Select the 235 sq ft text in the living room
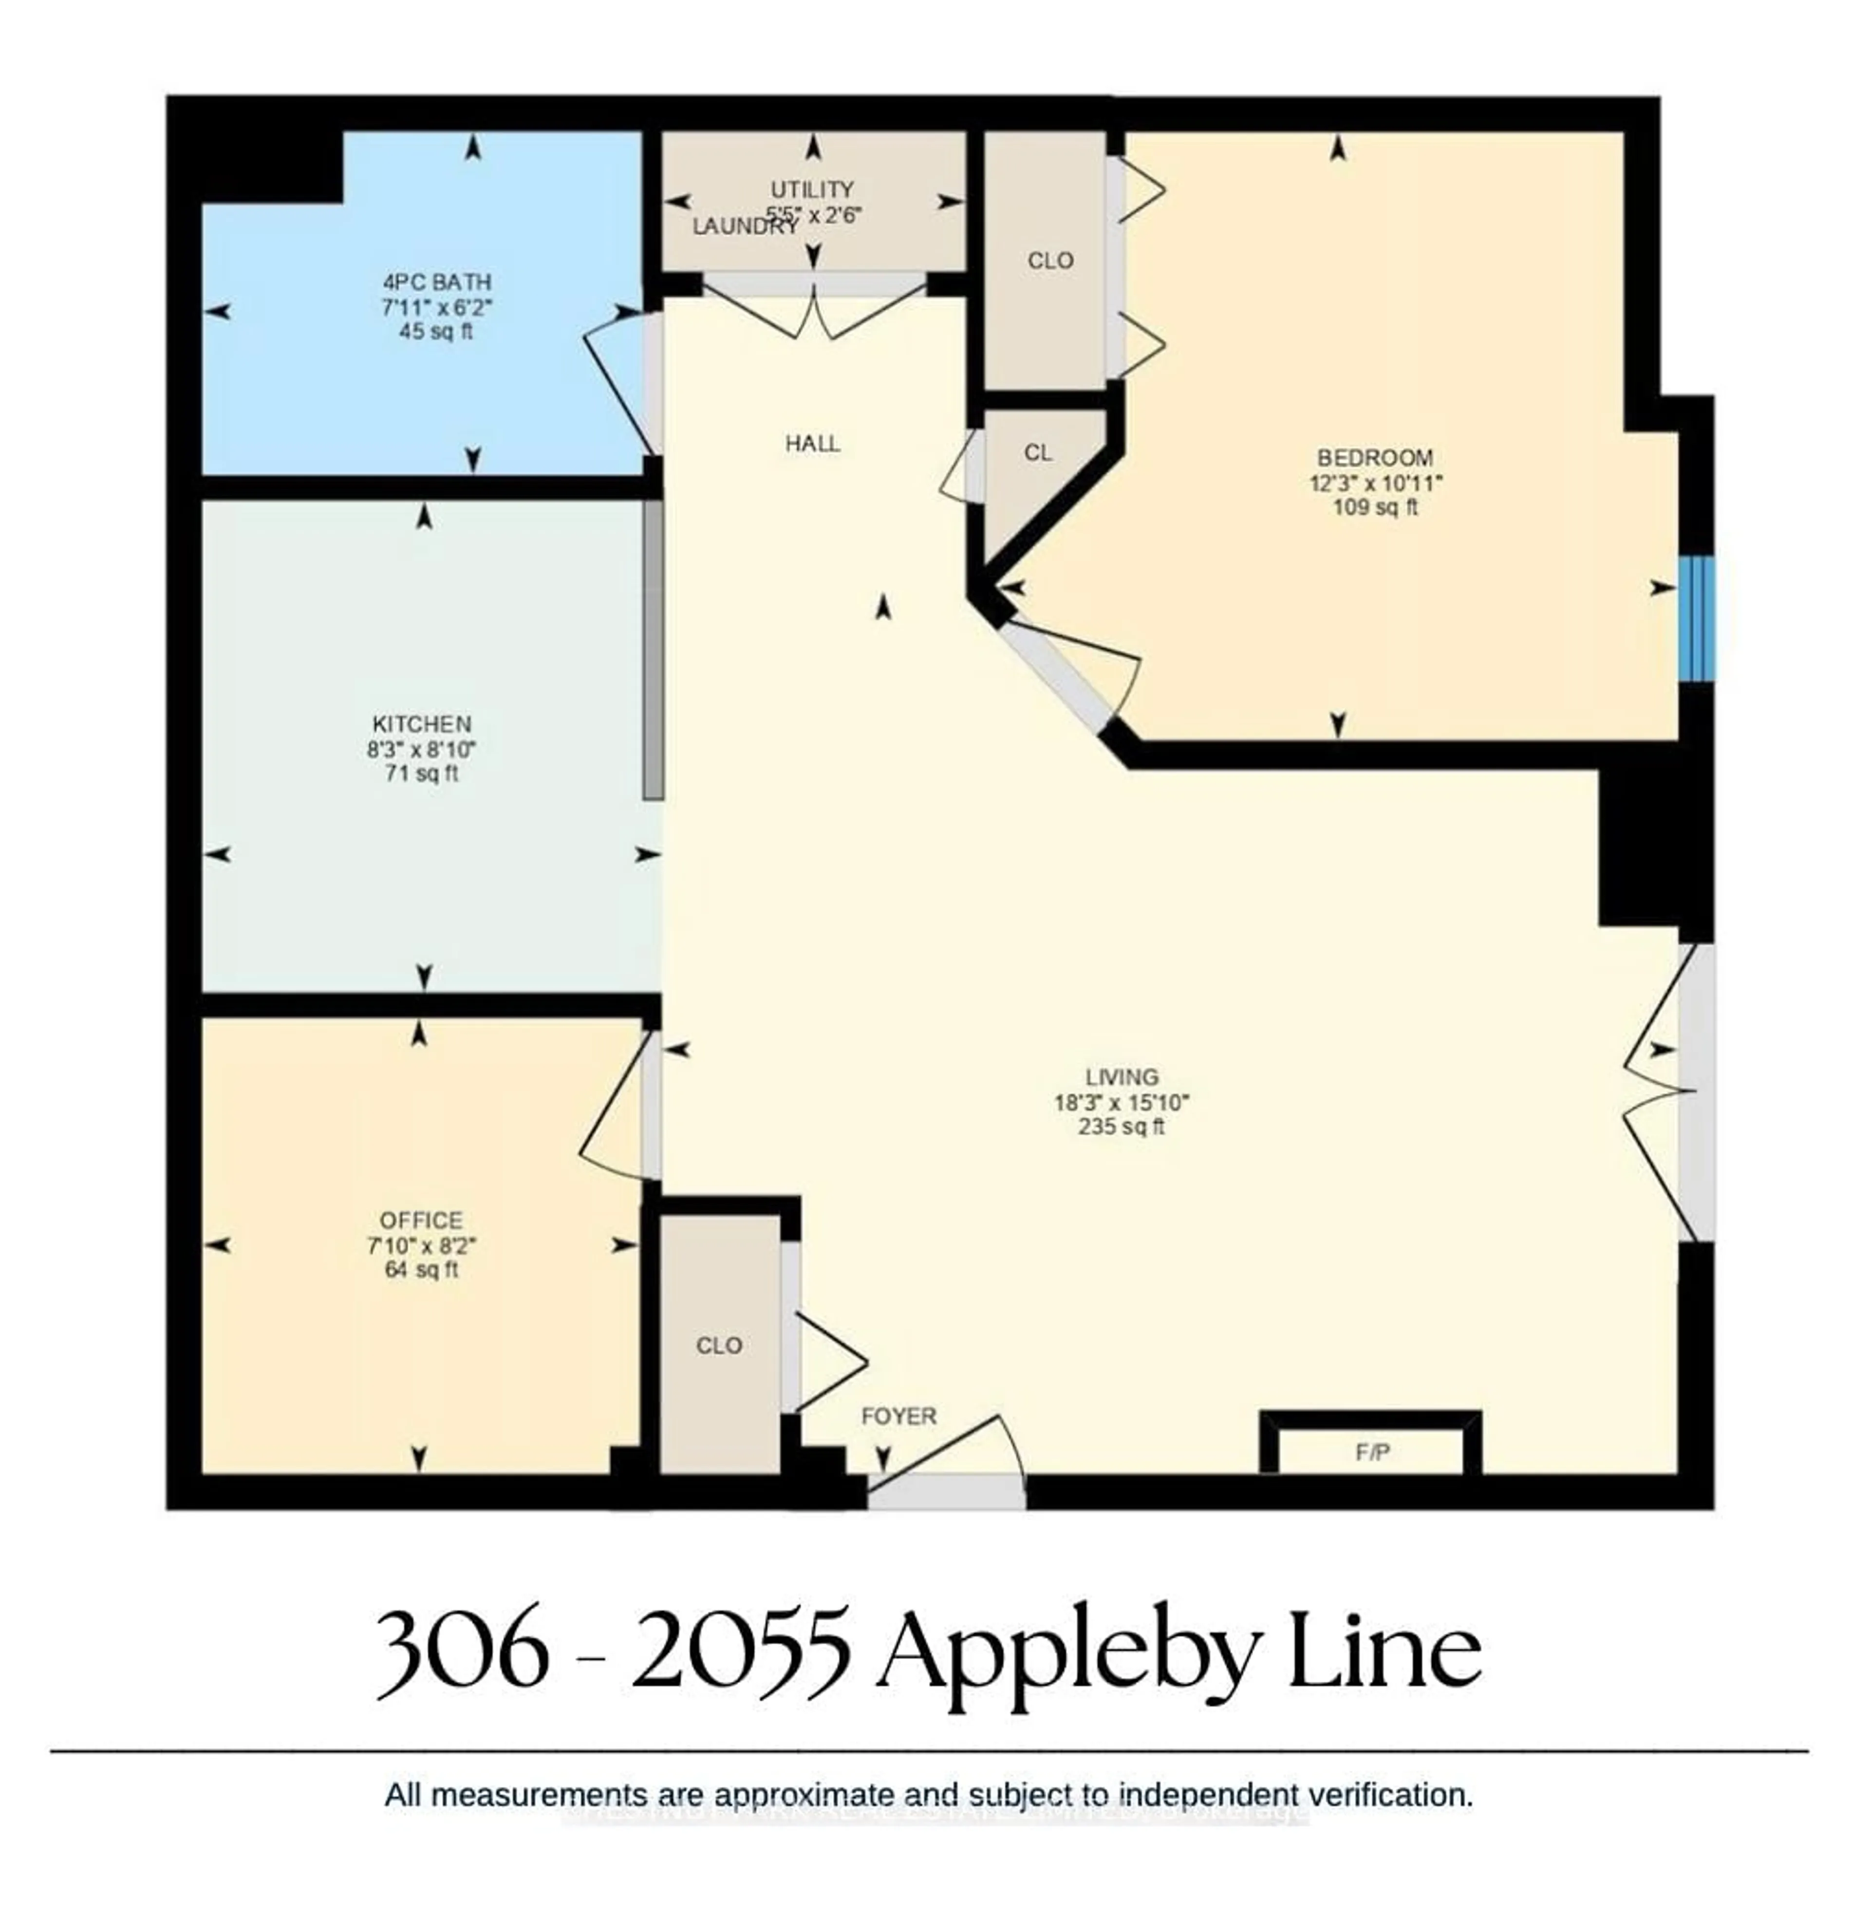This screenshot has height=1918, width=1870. [1121, 1128]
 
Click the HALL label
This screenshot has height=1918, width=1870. [812, 444]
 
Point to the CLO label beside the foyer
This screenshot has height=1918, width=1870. [719, 1345]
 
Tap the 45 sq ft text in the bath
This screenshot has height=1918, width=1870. [436, 332]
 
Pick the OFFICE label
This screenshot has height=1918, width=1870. [421, 1221]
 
